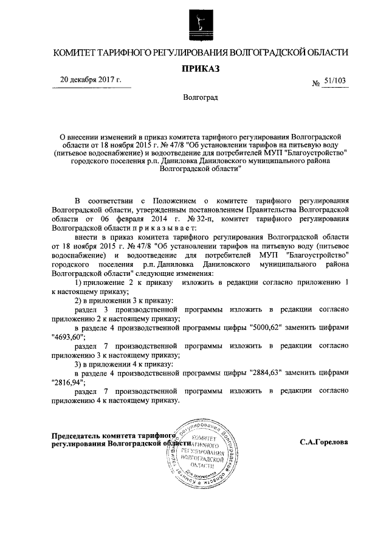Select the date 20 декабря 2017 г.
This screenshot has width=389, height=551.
point(91,79)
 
